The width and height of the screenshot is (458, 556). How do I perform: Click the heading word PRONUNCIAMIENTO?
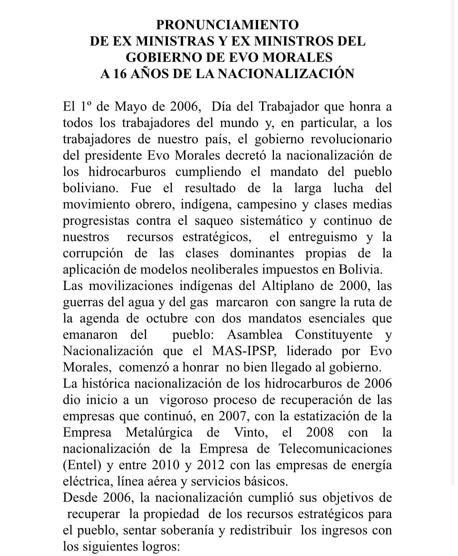227,25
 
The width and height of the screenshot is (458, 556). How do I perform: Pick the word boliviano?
90,188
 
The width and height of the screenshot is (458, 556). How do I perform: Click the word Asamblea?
255,335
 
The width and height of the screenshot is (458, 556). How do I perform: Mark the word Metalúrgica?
159,432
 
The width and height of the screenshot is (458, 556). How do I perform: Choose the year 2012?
211,465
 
